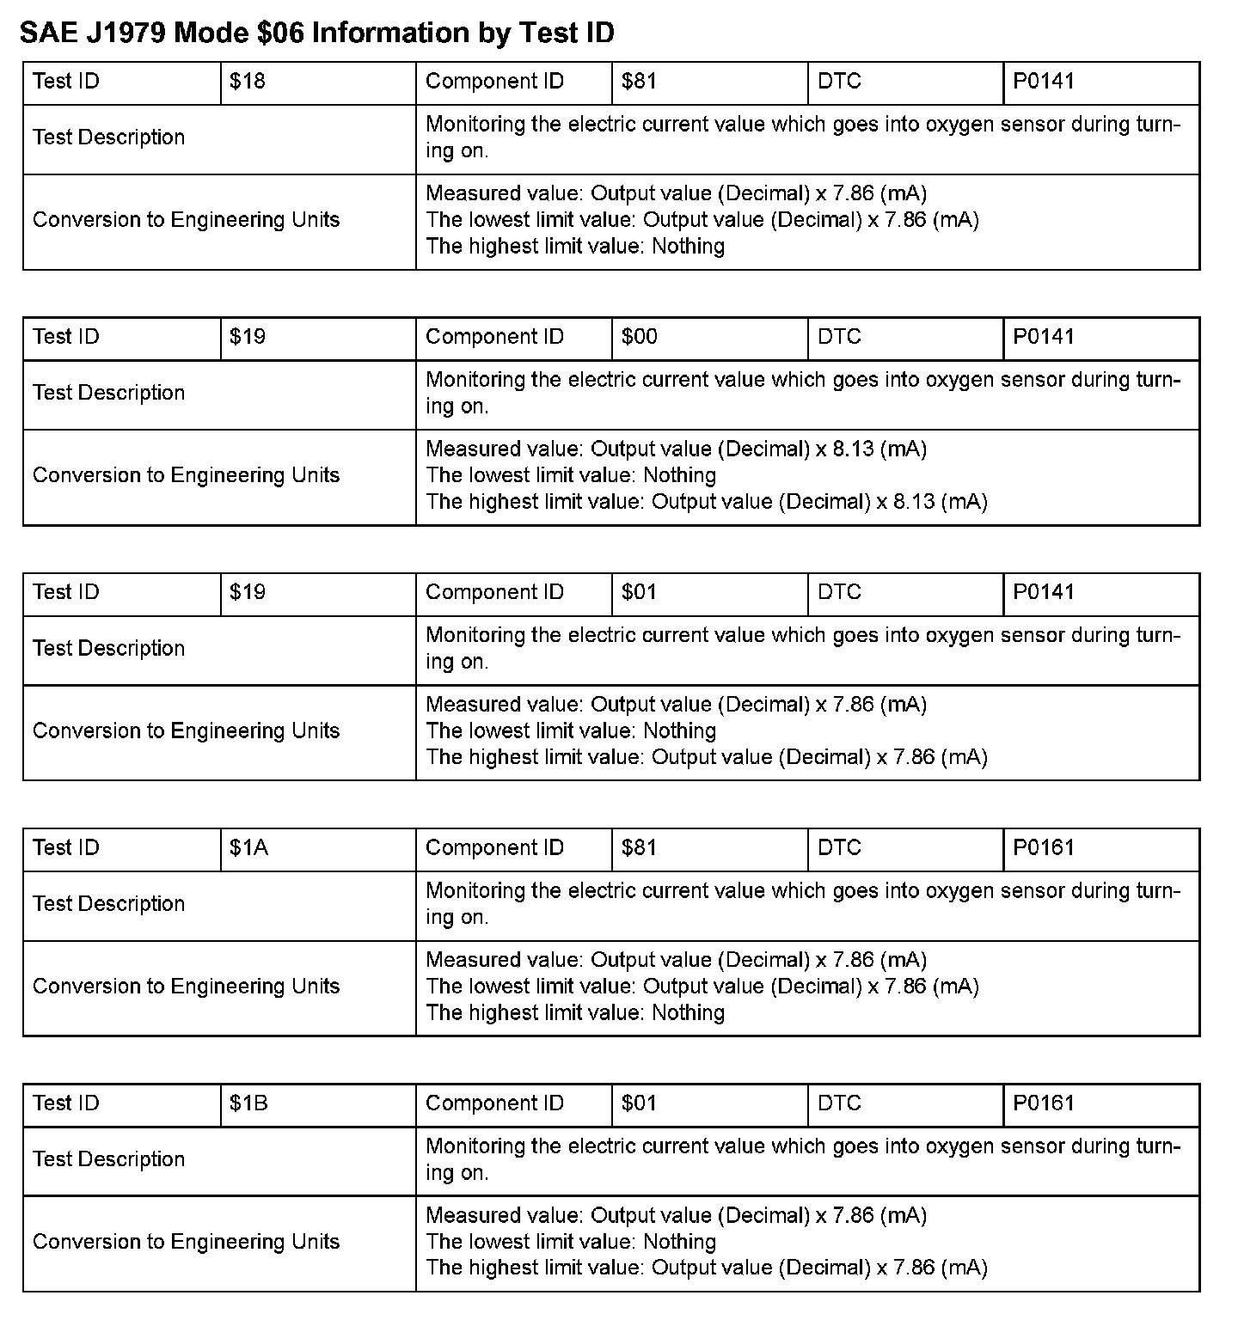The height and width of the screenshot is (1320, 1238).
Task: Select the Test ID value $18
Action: click(x=248, y=82)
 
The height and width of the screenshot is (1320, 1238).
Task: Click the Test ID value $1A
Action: click(x=249, y=848)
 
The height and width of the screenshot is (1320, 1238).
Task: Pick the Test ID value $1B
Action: click(x=249, y=1103)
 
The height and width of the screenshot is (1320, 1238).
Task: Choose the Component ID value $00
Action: click(x=640, y=337)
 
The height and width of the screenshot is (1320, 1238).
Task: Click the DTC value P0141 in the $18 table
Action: click(x=1044, y=82)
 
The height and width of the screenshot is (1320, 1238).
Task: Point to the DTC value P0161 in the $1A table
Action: click(x=1044, y=848)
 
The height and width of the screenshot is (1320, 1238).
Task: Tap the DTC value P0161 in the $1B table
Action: click(x=1044, y=1103)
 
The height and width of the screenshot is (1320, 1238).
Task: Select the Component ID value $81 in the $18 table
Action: click(x=640, y=82)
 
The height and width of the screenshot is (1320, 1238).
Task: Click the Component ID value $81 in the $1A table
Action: click(x=640, y=848)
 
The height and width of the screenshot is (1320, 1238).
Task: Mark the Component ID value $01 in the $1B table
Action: click(x=640, y=1103)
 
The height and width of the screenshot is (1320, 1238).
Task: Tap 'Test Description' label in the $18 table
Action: click(x=109, y=137)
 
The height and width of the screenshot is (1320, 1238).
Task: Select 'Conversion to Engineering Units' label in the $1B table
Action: click(x=187, y=1242)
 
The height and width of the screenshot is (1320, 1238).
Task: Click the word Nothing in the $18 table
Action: click(x=688, y=247)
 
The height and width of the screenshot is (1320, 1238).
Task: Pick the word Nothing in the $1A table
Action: click(x=688, y=1013)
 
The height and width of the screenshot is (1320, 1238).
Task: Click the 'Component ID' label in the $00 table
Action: click(x=494, y=337)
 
